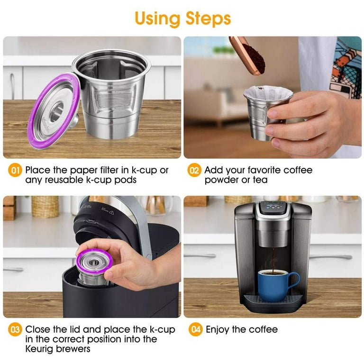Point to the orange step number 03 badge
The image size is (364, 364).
tap(16, 329)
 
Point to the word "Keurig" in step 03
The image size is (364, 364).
tap(42, 349)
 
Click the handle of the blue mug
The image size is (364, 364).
tap(294, 281)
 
